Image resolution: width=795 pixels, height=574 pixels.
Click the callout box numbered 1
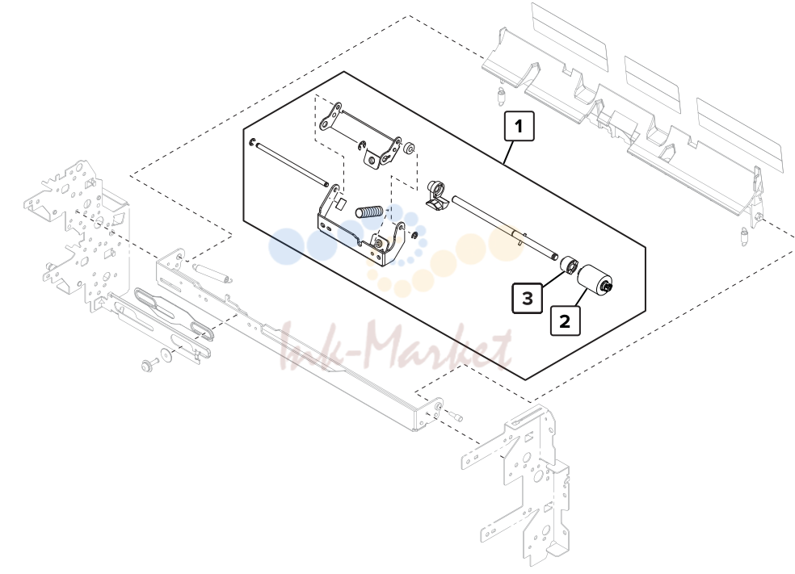(x=519, y=126)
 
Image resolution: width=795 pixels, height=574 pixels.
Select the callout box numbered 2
(x=565, y=321)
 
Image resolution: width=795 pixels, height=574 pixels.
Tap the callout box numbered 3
(x=528, y=299)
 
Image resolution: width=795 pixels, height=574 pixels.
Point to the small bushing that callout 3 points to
(x=569, y=265)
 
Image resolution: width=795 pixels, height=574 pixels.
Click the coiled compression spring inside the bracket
(x=368, y=212)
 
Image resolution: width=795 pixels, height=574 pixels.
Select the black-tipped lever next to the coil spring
(x=436, y=195)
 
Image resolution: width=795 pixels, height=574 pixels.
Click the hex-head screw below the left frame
(x=150, y=364)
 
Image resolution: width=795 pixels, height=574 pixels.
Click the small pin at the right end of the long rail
(x=456, y=416)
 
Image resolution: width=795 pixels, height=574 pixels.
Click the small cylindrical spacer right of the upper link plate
(x=409, y=149)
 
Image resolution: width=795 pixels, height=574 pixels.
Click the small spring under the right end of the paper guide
(x=744, y=236)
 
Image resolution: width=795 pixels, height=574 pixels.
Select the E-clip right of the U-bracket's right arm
(x=414, y=235)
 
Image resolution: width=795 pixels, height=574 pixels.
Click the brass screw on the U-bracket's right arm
(x=379, y=244)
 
